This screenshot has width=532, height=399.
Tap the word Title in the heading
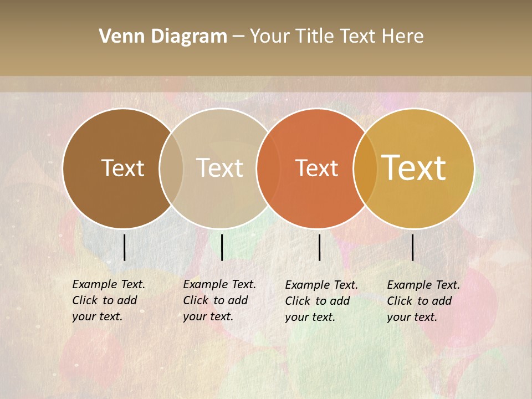click(313, 37)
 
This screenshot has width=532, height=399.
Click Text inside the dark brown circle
click(122, 168)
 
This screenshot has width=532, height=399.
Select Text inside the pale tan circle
click(220, 168)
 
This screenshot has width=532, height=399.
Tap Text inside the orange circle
click(316, 168)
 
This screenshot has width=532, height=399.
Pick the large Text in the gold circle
click(414, 167)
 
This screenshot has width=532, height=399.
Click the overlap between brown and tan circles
click(171, 168)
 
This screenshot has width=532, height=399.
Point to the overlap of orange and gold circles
click(365, 168)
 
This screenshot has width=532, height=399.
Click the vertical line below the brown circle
click(124, 247)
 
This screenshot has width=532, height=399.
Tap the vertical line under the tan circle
click(222, 247)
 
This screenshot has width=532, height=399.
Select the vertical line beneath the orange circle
click(319, 247)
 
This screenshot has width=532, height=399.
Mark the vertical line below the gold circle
click(412, 247)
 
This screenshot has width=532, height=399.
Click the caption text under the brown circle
click(108, 300)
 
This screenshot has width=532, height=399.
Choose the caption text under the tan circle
click(219, 300)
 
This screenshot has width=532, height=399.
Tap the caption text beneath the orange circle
click(321, 301)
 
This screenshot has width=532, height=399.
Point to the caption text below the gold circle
click(423, 301)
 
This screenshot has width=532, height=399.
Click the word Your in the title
click(269, 37)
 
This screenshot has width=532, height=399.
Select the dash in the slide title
click(238, 37)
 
